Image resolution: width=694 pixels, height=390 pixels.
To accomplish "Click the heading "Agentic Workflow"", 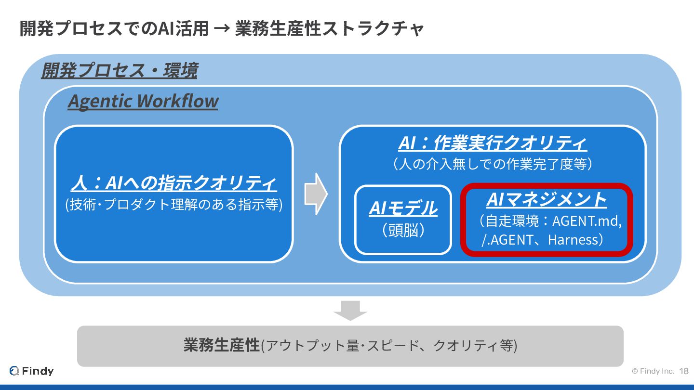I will coord(143,101).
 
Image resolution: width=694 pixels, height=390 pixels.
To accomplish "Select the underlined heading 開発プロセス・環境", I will coord(119,71).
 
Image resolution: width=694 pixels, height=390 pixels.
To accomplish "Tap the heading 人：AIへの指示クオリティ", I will coord(173,183).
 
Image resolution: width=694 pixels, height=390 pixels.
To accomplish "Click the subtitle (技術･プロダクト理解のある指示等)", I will coord(173,205).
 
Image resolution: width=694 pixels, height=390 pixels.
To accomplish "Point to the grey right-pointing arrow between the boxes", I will coord(316,194).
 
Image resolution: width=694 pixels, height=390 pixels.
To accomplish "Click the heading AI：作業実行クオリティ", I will coord(493,143).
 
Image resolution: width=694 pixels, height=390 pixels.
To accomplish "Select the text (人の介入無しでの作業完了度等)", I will coord(493,164).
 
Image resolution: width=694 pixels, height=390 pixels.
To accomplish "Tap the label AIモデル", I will coord(403,208).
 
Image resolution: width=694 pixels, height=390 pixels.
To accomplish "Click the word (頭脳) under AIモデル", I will coord(403,231).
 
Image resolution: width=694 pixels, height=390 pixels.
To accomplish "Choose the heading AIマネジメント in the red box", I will coord(546,199).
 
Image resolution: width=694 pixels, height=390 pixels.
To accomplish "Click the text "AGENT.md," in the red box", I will coord(587,221).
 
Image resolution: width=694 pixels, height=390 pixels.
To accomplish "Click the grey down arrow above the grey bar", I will coord(350,310).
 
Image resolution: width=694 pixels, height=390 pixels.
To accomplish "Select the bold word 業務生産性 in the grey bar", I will coord(221,345).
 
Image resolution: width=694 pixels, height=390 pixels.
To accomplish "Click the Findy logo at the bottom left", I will coord(32,371).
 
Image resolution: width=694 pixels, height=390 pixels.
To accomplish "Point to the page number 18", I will coord(683,371).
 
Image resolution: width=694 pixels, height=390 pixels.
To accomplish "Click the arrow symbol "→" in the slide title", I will coord(222,29).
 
